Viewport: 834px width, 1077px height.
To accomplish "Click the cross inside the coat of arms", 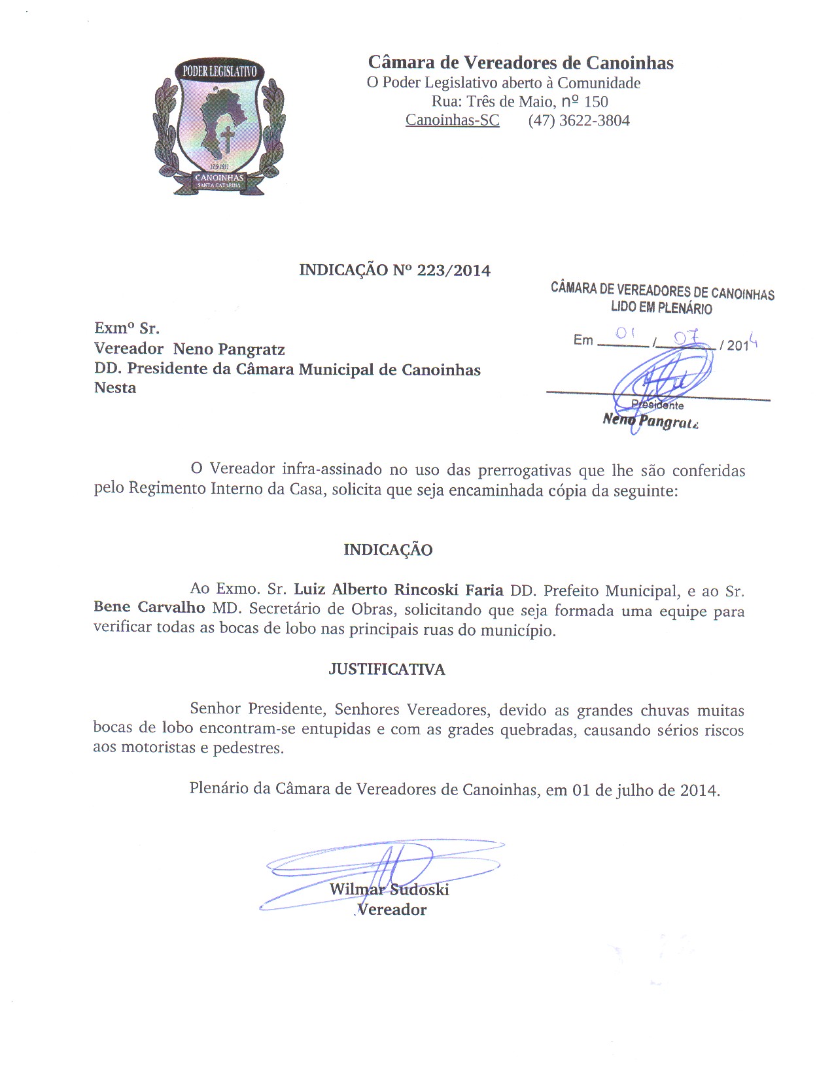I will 227,139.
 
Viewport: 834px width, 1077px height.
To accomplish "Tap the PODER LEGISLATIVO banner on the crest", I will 219,71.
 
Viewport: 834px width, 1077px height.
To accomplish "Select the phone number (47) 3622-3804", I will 579,121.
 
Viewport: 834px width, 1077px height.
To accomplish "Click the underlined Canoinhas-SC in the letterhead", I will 452,121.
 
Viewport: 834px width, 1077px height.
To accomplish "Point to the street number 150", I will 596,102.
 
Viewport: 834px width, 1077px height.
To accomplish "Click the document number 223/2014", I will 453,271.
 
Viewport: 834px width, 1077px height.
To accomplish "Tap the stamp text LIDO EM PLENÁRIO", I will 661,308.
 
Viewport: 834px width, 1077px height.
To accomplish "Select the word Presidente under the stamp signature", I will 658,405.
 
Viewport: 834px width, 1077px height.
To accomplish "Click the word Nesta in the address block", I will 115,388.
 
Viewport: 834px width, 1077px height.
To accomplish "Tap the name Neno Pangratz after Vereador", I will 229,349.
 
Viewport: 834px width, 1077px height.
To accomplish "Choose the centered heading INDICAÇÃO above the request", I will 388,550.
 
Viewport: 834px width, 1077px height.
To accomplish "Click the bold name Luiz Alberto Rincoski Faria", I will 398,590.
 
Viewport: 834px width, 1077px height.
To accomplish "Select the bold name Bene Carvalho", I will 149,607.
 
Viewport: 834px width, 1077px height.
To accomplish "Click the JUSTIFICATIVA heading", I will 387,669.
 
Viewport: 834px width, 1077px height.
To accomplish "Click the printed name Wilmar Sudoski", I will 389,889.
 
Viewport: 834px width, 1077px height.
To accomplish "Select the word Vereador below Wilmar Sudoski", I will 392,910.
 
